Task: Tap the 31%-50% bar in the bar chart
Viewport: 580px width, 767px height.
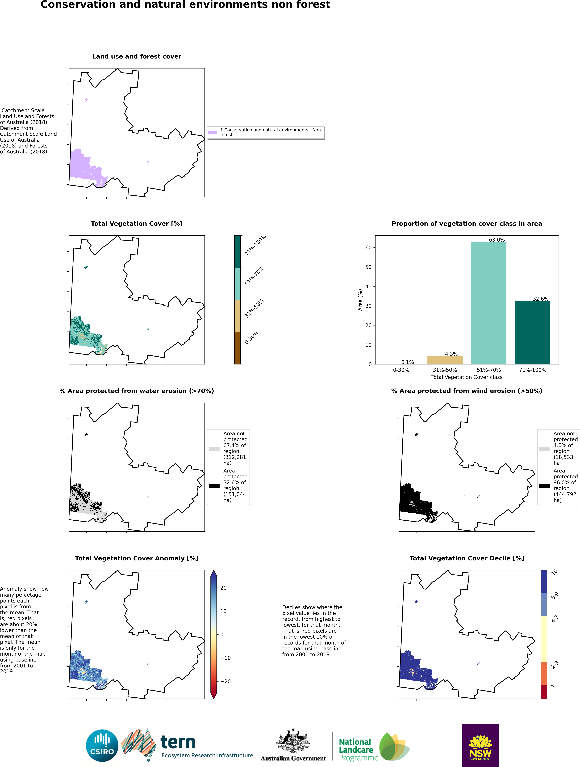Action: pyautogui.click(x=445, y=360)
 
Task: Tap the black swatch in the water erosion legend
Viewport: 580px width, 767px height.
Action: pyautogui.click(x=214, y=486)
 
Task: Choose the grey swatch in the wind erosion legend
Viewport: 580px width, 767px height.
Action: pyautogui.click(x=544, y=449)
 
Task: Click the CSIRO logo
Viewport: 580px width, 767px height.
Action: pyautogui.click(x=102, y=746)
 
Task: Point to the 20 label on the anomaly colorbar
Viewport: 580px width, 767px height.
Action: pyautogui.click(x=223, y=588)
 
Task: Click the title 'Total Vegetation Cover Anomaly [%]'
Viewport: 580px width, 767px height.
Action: pyautogui.click(x=137, y=558)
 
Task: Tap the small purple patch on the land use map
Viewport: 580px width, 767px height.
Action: pyautogui.click(x=86, y=100)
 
